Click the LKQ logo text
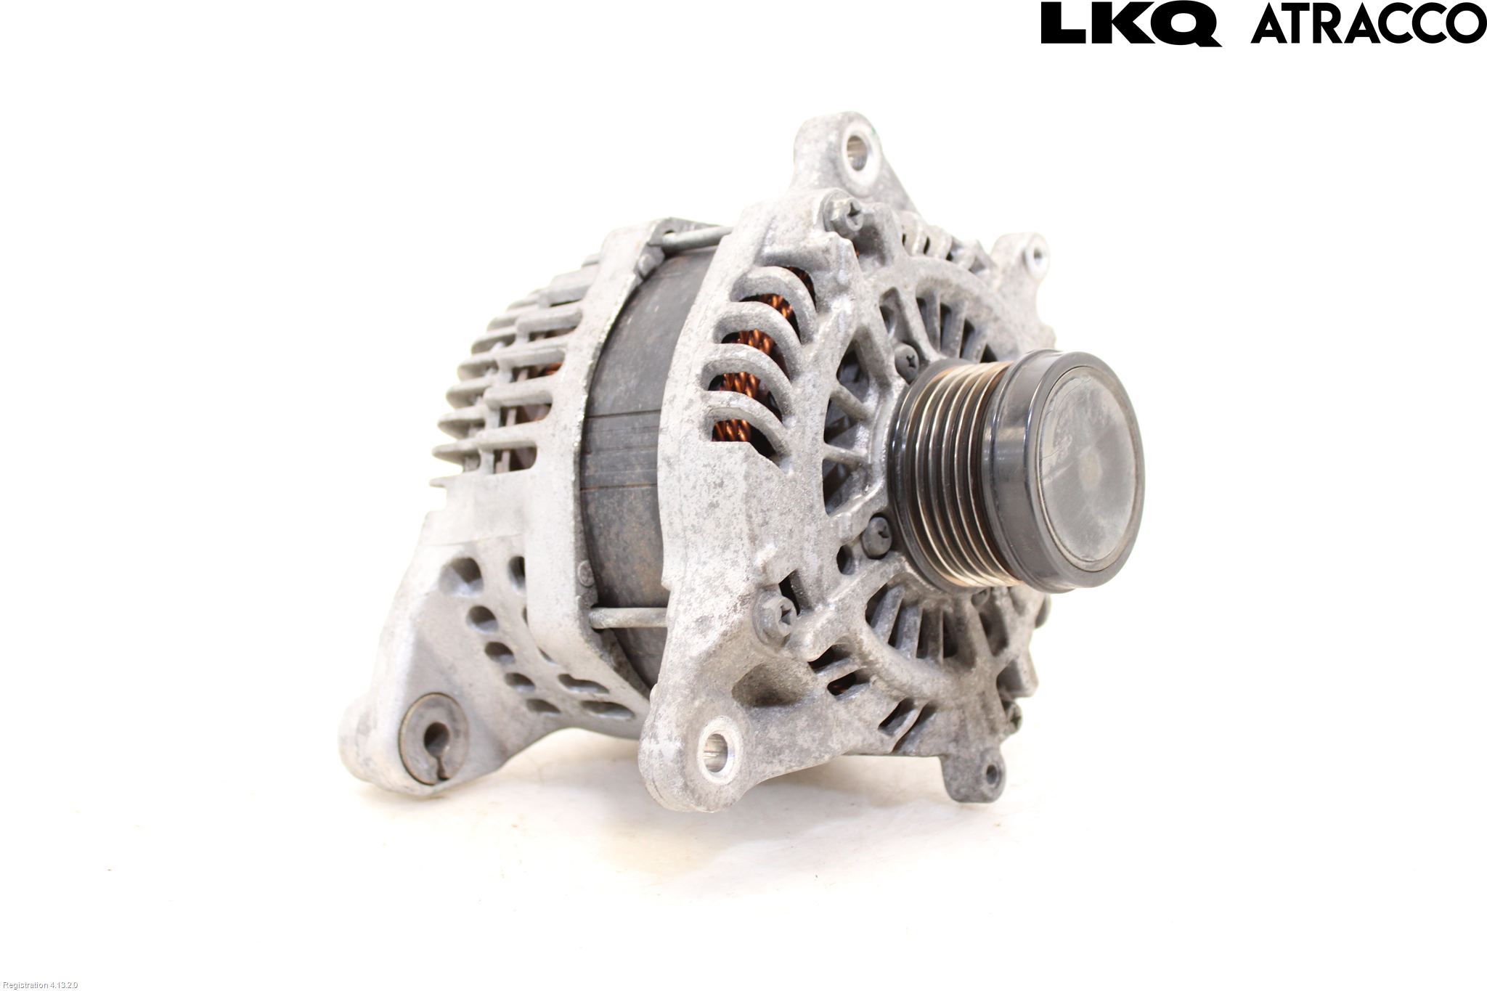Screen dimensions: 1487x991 pyautogui.click(x=1130, y=25)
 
